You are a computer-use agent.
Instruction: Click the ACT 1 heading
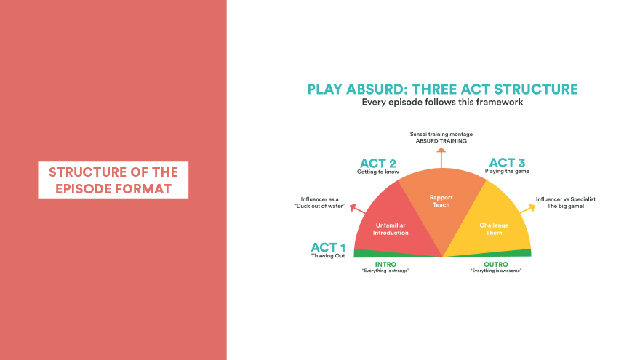pyautogui.click(x=328, y=247)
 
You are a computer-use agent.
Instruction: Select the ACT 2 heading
pyautogui.click(x=378, y=163)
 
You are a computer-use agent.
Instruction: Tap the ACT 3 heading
pyautogui.click(x=507, y=162)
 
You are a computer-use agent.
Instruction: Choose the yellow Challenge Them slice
pyautogui.click(x=494, y=228)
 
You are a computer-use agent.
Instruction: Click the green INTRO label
pyautogui.click(x=385, y=265)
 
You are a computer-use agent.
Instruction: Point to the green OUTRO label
pyautogui.click(x=496, y=265)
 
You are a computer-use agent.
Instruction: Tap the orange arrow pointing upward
pyautogui.click(x=441, y=158)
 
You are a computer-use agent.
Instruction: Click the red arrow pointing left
pyautogui.click(x=358, y=209)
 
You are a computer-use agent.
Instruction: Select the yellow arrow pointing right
pyautogui.click(x=527, y=209)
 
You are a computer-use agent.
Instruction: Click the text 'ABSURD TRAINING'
pyautogui.click(x=441, y=141)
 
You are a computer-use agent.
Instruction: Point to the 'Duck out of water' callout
pyautogui.click(x=320, y=206)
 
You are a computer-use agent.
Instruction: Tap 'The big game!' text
pyautogui.click(x=566, y=206)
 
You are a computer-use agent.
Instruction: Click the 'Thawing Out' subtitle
pyautogui.click(x=328, y=256)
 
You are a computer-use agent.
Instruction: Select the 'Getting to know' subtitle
pyautogui.click(x=378, y=172)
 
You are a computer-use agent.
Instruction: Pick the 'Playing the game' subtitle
pyautogui.click(x=507, y=171)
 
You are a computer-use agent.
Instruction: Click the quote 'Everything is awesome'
pyautogui.click(x=496, y=271)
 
